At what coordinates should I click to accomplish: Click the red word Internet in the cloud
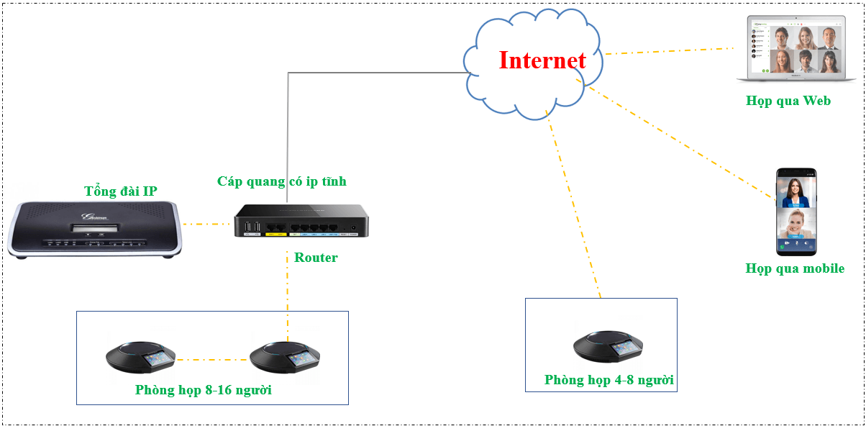tap(542, 60)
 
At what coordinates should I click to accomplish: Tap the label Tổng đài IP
tap(120, 191)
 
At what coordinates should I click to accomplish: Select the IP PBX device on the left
tap(94, 229)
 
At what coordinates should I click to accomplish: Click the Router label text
tap(316, 258)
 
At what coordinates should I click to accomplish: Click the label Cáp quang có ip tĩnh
tap(282, 181)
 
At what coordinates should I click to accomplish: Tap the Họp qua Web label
tap(788, 101)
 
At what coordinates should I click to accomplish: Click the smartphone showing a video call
tap(796, 212)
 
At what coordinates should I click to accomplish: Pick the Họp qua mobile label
tap(795, 268)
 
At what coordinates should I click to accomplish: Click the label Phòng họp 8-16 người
tap(203, 390)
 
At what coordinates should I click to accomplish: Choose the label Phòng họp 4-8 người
tap(609, 380)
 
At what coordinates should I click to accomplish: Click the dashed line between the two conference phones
tap(213, 359)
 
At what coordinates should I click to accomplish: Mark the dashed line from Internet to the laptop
tap(669, 51)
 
